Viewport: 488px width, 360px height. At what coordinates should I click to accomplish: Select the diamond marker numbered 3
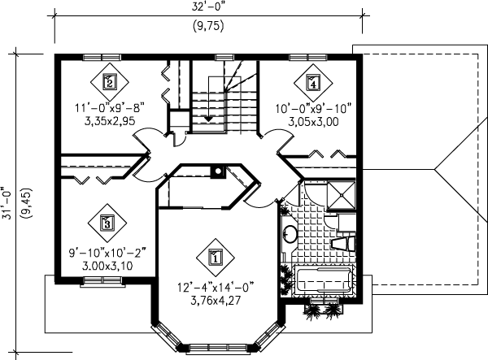107,221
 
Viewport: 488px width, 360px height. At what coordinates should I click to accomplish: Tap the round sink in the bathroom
290,235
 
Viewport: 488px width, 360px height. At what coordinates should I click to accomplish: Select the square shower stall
339,197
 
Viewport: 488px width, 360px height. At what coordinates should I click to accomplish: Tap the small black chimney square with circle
216,171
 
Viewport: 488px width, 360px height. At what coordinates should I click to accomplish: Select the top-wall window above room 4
309,55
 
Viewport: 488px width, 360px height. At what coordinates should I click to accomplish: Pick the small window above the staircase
221,55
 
